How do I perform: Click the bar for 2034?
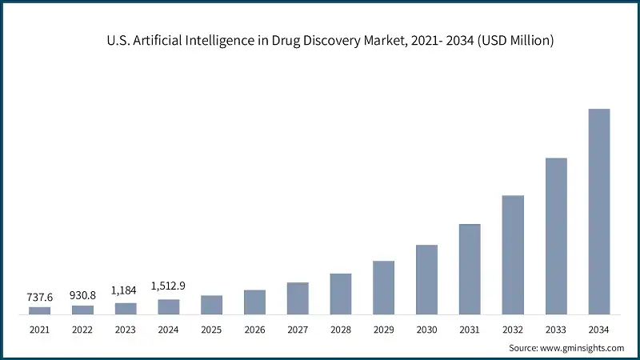pos(598,211)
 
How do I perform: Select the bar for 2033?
pos(556,236)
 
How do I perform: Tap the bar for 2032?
pos(513,254)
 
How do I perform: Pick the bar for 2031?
pos(470,269)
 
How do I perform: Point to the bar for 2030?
pos(426,279)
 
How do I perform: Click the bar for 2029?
pos(383,287)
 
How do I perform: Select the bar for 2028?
pos(341,294)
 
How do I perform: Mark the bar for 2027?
pos(298,298)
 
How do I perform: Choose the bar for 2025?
pos(211,305)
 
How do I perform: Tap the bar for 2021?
pos(39,310)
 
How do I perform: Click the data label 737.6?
pos(39,297)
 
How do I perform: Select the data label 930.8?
pos(82,295)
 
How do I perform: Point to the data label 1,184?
pos(126,292)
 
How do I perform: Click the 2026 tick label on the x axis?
pos(254,329)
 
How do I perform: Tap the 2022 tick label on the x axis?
pos(82,329)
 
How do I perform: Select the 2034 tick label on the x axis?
pos(598,329)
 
